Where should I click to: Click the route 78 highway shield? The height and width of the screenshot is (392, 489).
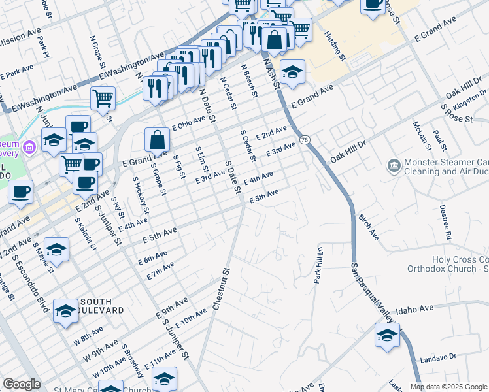(305, 139)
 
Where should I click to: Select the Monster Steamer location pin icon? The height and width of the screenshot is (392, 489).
(394, 165)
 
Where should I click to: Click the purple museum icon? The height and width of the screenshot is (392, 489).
(28, 148)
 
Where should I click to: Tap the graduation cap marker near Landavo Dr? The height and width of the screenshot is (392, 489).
(387, 336)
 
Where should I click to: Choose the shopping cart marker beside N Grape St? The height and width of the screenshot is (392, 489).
(103, 99)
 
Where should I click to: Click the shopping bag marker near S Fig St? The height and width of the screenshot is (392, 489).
(157, 139)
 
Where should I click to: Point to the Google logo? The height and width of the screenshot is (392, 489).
(22, 384)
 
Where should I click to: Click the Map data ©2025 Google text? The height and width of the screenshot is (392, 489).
(448, 387)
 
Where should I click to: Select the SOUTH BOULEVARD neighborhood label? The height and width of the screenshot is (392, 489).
(100, 306)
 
